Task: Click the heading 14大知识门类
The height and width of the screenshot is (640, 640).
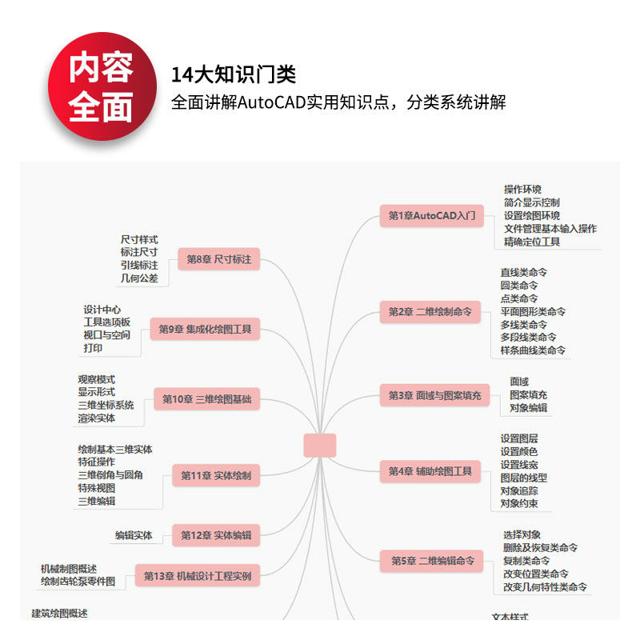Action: coord(234,75)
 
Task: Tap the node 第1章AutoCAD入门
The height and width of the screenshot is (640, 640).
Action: coord(431,215)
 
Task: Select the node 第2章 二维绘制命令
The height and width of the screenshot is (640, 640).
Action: coord(430,311)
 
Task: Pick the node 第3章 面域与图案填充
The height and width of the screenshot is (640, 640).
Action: coord(435,395)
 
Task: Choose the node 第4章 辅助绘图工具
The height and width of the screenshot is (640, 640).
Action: coord(430,471)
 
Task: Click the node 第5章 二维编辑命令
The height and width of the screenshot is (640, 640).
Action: coord(432,561)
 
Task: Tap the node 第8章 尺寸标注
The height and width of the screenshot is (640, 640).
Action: coord(218,259)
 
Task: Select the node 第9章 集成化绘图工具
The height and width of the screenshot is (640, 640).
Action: coord(205,329)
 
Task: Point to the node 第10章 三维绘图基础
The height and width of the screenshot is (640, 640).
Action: coord(207,398)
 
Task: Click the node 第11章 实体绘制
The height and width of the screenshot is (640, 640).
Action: coord(216,475)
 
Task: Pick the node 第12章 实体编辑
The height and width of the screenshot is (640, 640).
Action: coord(216,535)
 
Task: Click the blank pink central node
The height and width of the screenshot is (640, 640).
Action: coord(320,446)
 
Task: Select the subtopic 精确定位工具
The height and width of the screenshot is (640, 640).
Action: coord(532,242)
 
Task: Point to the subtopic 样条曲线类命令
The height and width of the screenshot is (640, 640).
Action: coord(533,350)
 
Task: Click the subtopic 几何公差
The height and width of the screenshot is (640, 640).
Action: coord(139,278)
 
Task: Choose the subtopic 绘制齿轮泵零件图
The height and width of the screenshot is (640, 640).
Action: coord(78,582)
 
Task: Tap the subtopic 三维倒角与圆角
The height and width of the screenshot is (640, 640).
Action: coord(110,475)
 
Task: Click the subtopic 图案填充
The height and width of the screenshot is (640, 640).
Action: coord(529,394)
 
